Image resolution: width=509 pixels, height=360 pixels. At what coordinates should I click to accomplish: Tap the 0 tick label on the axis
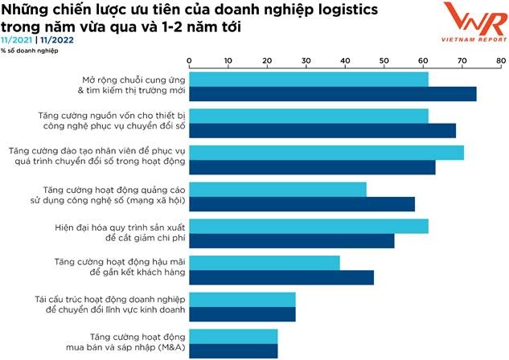click(x=189, y=60)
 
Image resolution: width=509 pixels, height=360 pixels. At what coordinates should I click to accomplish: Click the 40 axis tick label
click(x=345, y=60)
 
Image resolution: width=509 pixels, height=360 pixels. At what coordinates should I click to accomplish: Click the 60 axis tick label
click(x=423, y=60)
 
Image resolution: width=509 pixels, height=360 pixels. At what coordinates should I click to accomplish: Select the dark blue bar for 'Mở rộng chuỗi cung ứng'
click(x=332, y=94)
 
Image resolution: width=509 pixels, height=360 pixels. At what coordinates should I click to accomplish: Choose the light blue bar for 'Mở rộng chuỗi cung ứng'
click(x=308, y=80)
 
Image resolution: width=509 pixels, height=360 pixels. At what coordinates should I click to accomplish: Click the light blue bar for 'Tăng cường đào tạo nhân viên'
click(x=326, y=153)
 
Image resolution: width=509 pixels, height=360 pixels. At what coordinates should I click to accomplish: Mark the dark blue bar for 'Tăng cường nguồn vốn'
click(x=322, y=131)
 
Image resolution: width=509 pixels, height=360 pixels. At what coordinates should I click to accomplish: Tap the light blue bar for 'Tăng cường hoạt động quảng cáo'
click(x=277, y=190)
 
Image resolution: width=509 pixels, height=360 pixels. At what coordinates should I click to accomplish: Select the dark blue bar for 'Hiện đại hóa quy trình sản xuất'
click(x=291, y=240)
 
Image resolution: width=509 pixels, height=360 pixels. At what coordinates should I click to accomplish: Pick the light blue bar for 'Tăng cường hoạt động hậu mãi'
click(x=264, y=263)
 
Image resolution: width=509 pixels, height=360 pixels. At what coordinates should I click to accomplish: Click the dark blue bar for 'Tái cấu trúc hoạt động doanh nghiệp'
click(x=242, y=314)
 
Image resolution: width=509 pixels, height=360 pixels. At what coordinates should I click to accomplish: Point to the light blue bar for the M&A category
click(x=233, y=336)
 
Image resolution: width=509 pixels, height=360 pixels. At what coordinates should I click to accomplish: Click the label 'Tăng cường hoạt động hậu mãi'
click(x=120, y=262)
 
